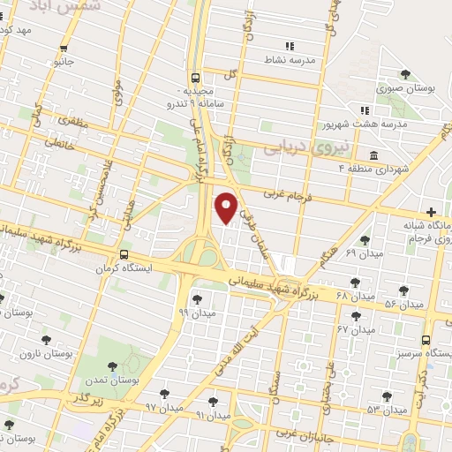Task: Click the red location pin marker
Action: [226, 207]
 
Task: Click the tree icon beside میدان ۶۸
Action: [355, 282]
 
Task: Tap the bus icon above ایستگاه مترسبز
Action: [426, 340]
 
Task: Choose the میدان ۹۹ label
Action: [195, 312]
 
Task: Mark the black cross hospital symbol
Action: [431, 212]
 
